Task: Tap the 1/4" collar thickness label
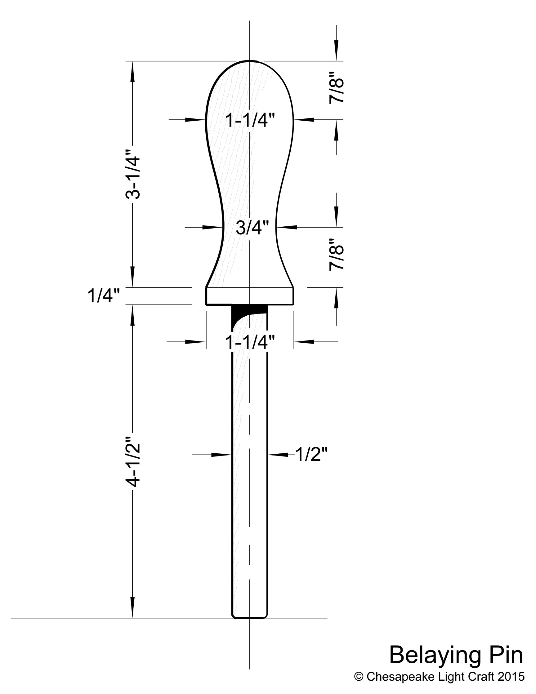point(104,296)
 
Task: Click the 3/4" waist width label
point(252,228)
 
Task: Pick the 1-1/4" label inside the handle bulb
point(250,120)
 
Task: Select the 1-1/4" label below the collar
point(250,342)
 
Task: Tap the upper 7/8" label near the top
point(337,87)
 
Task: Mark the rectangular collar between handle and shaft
point(250,296)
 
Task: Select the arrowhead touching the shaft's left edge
point(221,455)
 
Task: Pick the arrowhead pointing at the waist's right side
point(286,227)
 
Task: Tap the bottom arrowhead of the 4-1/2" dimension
point(132,607)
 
